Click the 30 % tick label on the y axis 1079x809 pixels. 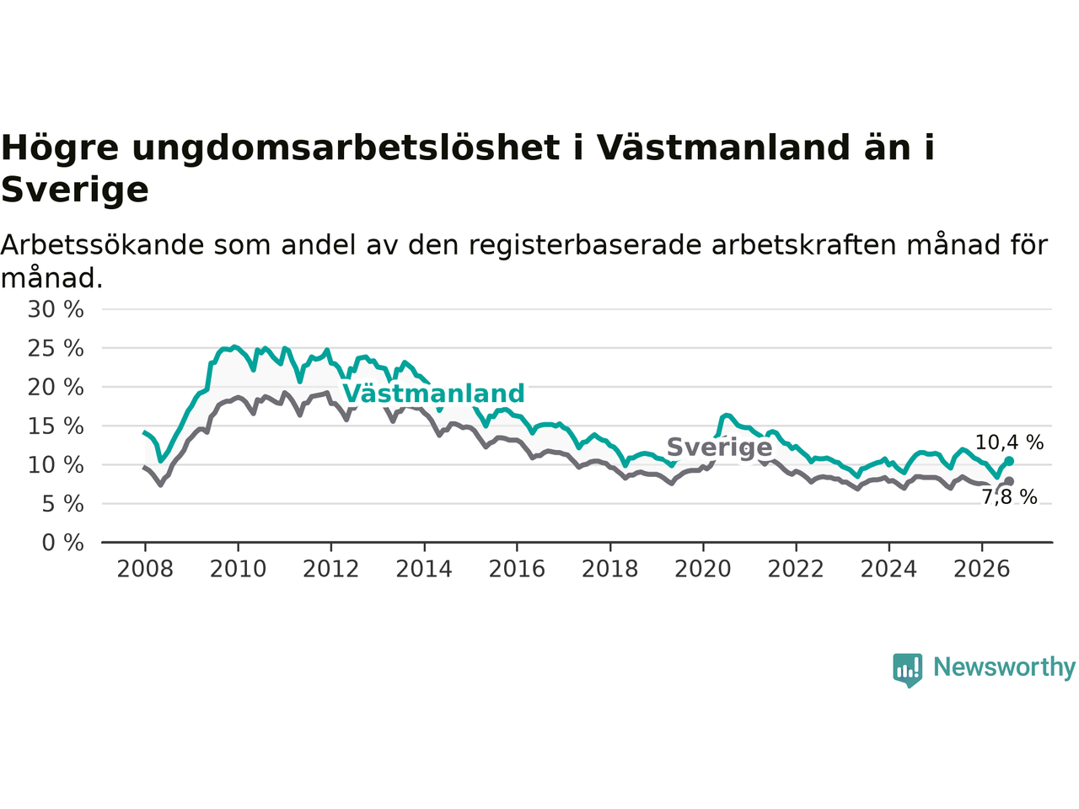pyautogui.click(x=56, y=309)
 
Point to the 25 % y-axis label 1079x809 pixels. pyautogui.click(x=56, y=348)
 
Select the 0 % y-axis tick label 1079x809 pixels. pyautogui.click(x=63, y=543)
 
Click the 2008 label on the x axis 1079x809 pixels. pyautogui.click(x=145, y=570)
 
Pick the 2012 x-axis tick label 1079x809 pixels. pyautogui.click(x=330, y=570)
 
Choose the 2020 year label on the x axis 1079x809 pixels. pyautogui.click(x=703, y=570)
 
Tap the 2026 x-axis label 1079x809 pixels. pyautogui.click(x=982, y=570)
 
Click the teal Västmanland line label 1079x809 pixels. pyautogui.click(x=433, y=394)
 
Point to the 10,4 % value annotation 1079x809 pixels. pyautogui.click(x=1009, y=442)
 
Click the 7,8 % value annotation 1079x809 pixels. pyautogui.click(x=1010, y=497)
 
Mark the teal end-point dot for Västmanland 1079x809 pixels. pyautogui.click(x=1009, y=461)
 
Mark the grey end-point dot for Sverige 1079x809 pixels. pyautogui.click(x=1009, y=481)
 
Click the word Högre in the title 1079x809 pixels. pyautogui.click(x=60, y=148)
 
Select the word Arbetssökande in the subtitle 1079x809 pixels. pyautogui.click(x=102, y=244)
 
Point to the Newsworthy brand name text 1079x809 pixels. pyautogui.click(x=1004, y=667)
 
